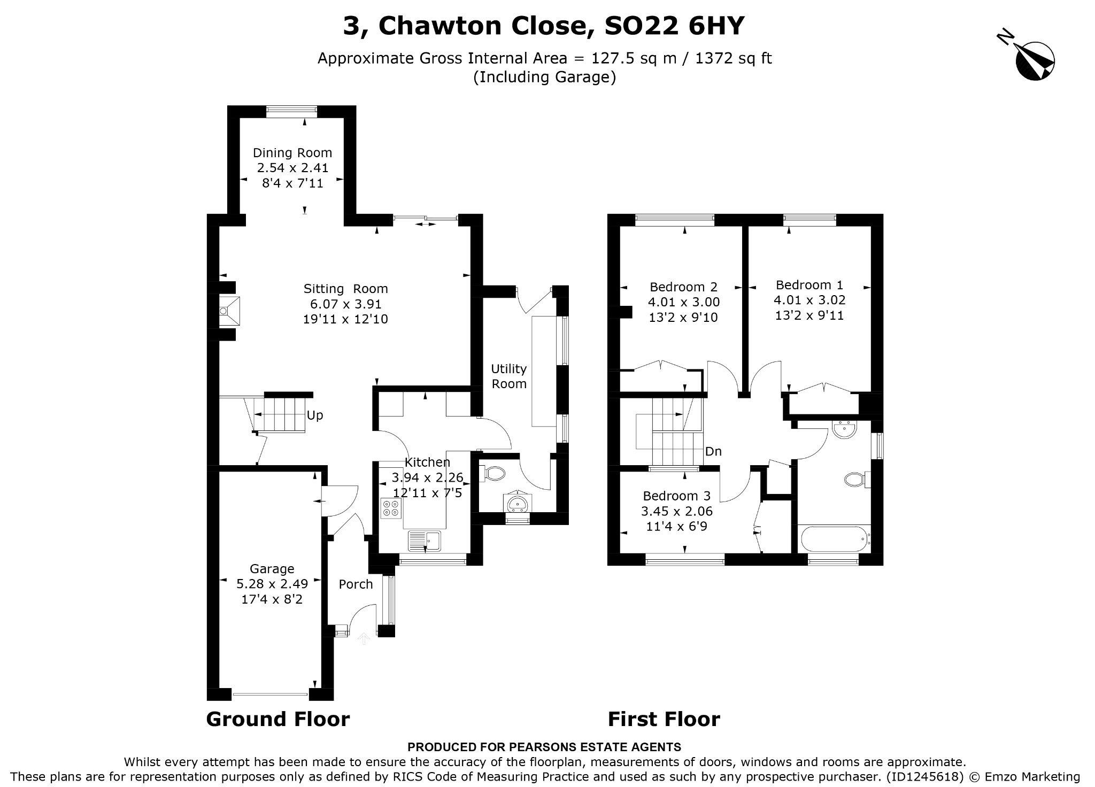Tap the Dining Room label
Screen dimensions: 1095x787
coord(292,153)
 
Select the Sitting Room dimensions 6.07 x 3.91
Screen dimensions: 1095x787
coord(346,304)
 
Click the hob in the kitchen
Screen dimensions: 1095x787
coord(390,508)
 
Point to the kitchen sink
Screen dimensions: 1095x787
coord(425,541)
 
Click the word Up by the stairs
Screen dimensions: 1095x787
coord(315,415)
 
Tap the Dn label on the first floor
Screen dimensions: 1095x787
coord(713,451)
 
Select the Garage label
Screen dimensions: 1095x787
coord(272,569)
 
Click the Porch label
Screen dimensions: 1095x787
coord(356,584)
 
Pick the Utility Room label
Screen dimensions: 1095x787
coord(509,376)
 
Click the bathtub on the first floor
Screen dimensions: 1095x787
coord(833,539)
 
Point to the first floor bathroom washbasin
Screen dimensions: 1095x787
coord(845,429)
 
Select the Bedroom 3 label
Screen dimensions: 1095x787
coord(677,496)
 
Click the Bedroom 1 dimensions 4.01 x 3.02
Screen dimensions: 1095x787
coord(809,300)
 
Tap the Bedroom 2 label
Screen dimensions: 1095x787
coord(683,287)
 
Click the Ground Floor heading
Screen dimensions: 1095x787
coord(278,719)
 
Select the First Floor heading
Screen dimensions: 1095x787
coord(664,719)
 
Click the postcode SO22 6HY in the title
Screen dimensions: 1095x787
coord(674,26)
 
